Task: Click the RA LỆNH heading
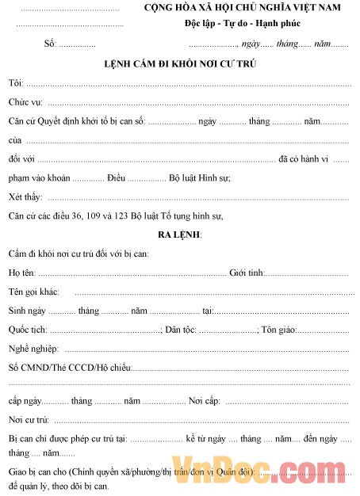tap(180, 235)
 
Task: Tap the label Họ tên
tap(22, 273)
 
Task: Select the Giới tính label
tap(246, 273)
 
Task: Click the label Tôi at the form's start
tap(15, 83)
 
